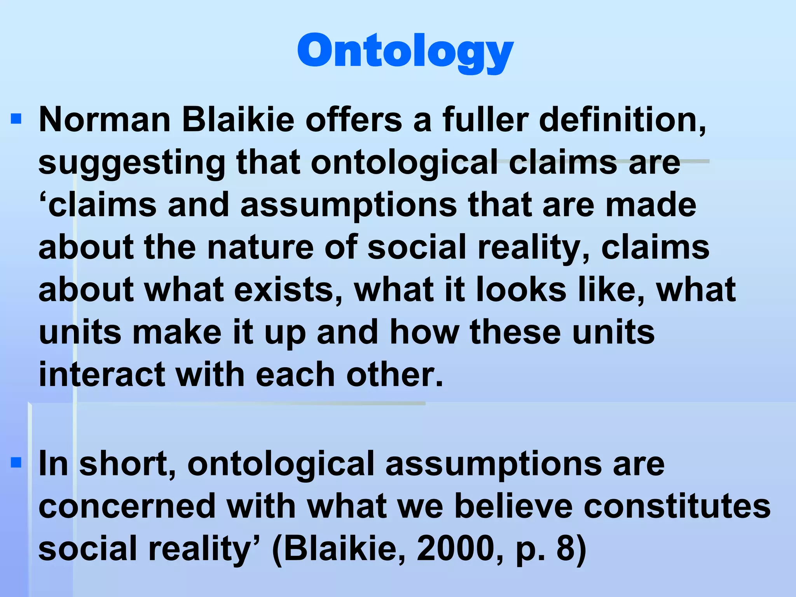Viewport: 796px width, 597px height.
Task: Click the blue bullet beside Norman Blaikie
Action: [x=16, y=119]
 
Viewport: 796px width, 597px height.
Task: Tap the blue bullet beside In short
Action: [x=16, y=463]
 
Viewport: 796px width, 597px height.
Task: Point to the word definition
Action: [x=622, y=120]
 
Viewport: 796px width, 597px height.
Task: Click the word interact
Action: [x=102, y=374]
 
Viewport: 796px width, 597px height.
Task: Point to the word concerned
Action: [x=127, y=506]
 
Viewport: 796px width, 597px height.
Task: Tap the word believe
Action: [x=513, y=506]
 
